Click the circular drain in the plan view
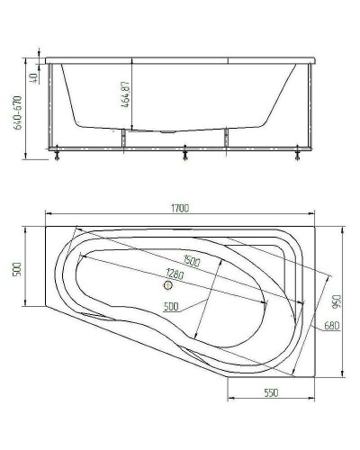[x=166, y=287]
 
